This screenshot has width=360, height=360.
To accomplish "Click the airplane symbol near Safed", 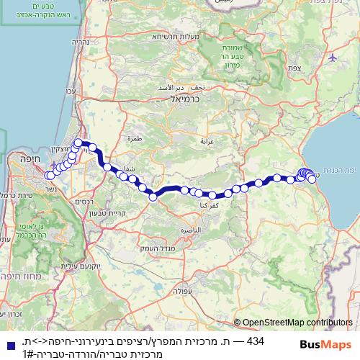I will pyautogui.click(x=331, y=56).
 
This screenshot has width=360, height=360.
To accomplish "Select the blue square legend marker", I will pyautogui.click(x=8, y=341).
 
